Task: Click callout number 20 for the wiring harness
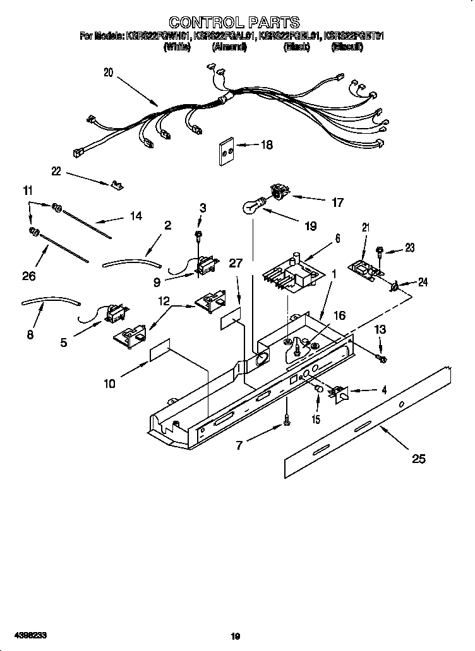[x=108, y=73]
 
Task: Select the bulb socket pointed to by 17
[x=278, y=190]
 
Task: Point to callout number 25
[x=419, y=459]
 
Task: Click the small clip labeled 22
[x=116, y=184]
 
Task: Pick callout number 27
[x=236, y=264]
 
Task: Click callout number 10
[x=109, y=384]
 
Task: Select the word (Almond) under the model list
[x=229, y=47]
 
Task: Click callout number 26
[x=29, y=276]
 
